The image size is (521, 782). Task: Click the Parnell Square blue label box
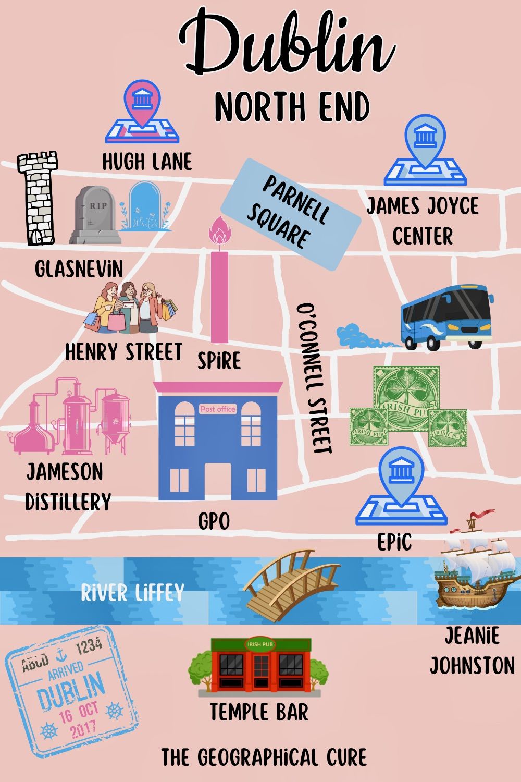click(291, 214)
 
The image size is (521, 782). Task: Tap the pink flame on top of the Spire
click(219, 232)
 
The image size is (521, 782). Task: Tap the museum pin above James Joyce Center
click(425, 141)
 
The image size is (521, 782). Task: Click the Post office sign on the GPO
click(218, 409)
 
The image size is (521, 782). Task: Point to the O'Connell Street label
click(314, 378)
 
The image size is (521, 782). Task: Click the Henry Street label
click(123, 352)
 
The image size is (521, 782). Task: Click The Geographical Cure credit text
click(264, 757)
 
